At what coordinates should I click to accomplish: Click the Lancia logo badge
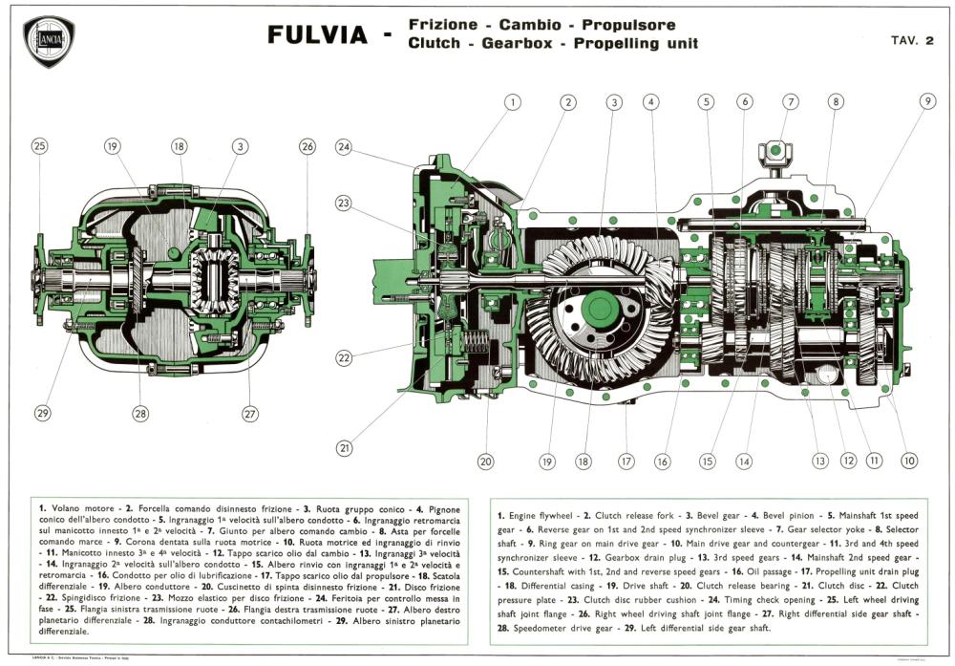pyautogui.click(x=48, y=41)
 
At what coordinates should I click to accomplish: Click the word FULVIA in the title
pyautogui.click(x=317, y=35)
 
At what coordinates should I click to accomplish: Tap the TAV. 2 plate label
pyautogui.click(x=911, y=40)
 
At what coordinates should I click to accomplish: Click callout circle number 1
pyautogui.click(x=512, y=102)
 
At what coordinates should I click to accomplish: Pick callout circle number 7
pyautogui.click(x=790, y=102)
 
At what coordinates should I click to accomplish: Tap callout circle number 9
pyautogui.click(x=927, y=102)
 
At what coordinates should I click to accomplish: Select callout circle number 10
pyautogui.click(x=909, y=461)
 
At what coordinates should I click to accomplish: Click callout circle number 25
pyautogui.click(x=39, y=146)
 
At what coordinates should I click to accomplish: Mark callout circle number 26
pyautogui.click(x=307, y=146)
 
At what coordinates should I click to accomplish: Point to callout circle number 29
pyautogui.click(x=41, y=414)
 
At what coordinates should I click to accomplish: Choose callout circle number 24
pyautogui.click(x=345, y=147)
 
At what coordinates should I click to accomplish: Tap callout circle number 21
pyautogui.click(x=345, y=446)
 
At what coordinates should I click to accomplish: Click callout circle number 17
pyautogui.click(x=626, y=461)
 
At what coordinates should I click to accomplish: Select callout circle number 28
pyautogui.click(x=141, y=414)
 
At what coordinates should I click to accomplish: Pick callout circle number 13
pyautogui.click(x=819, y=461)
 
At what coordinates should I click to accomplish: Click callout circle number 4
pyautogui.click(x=651, y=102)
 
